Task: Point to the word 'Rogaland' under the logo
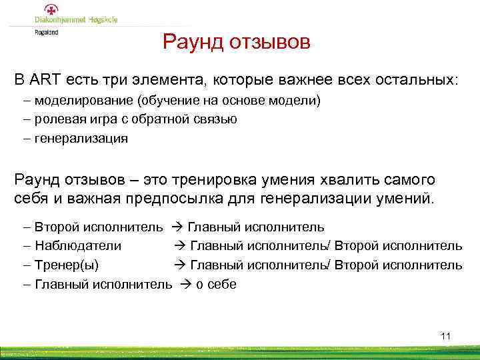coord(46,32)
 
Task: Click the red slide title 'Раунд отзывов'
coord(237,43)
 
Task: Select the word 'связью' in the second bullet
coord(216,120)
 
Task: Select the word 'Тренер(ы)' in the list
coord(67,265)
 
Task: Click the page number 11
coord(445,336)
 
